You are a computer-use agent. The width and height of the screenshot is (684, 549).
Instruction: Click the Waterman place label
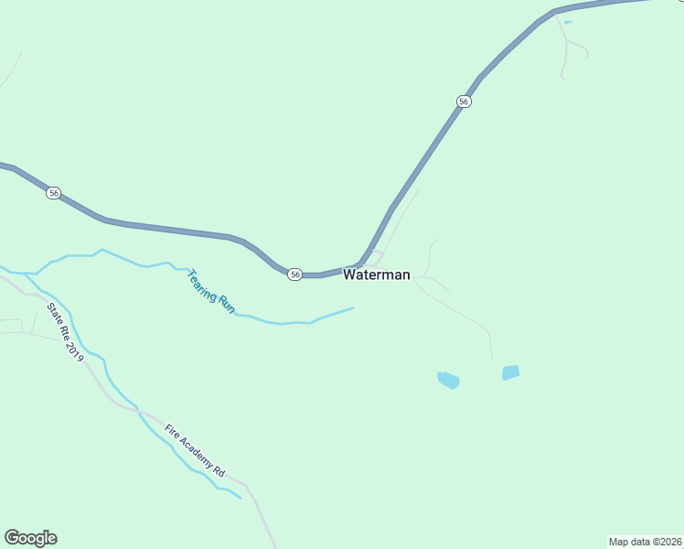(376, 274)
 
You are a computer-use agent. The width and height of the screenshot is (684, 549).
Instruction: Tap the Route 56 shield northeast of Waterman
(465, 102)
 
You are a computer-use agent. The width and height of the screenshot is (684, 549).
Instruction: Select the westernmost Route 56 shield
(55, 193)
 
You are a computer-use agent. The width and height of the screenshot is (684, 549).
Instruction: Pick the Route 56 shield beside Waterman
(294, 274)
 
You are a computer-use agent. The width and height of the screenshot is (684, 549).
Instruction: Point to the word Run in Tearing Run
(226, 307)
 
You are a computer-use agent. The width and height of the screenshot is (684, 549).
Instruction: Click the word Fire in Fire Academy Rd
(173, 431)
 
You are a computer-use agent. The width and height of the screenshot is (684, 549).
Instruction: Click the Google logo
(30, 538)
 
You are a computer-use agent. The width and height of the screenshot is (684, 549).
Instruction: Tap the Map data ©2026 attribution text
(645, 541)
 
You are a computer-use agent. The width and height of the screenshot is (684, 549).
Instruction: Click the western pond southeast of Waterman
(448, 380)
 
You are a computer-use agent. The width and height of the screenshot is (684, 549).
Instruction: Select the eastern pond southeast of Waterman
(510, 372)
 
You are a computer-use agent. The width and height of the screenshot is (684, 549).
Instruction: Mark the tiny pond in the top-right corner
(568, 22)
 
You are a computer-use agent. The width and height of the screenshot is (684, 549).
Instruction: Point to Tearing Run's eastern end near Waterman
(351, 308)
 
